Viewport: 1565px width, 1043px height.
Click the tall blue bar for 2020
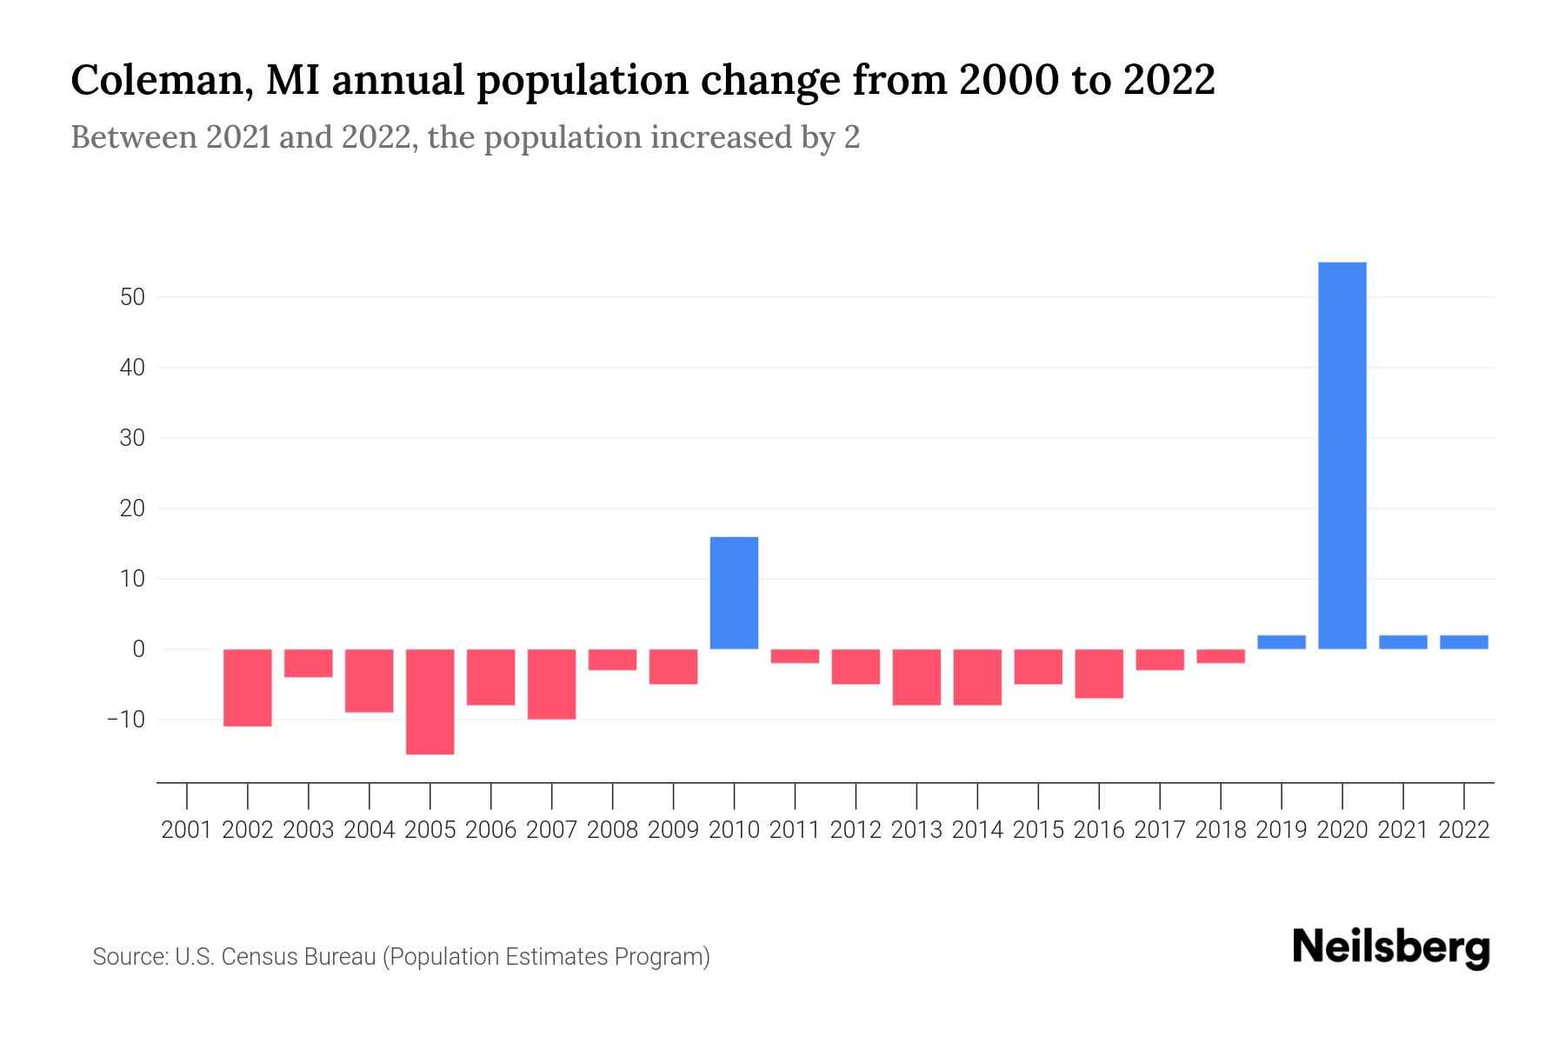click(x=1342, y=455)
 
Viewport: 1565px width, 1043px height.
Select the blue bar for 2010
click(x=734, y=593)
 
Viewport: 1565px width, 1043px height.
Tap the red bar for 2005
click(x=430, y=701)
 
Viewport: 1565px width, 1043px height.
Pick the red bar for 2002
click(x=248, y=688)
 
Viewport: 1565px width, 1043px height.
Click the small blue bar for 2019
click(x=1281, y=642)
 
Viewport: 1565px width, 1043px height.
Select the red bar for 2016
click(x=1099, y=674)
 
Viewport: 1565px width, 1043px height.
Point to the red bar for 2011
click(x=795, y=656)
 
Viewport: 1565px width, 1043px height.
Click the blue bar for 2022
click(x=1463, y=642)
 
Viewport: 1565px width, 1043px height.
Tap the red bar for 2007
click(x=551, y=684)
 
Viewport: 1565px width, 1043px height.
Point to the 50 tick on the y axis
click(x=132, y=297)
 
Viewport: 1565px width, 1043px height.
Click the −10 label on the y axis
click(x=125, y=720)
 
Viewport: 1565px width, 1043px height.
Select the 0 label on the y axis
click(x=138, y=649)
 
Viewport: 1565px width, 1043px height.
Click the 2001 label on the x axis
click(x=187, y=830)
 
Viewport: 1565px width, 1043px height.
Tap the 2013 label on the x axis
click(x=916, y=830)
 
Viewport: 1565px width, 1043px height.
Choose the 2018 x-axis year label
click(x=1221, y=830)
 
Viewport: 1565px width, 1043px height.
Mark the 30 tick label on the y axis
click(x=132, y=438)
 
